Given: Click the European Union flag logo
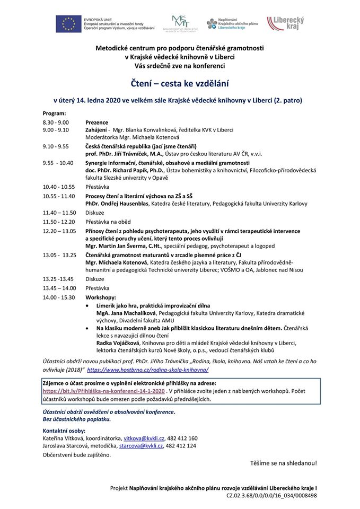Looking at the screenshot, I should pos(69,24).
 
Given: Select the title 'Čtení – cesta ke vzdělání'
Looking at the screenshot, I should pos(180,83).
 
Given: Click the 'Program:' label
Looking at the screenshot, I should pos(55,113).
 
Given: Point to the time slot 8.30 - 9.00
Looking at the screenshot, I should pos(56,122).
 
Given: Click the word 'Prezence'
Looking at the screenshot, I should pos(97,122).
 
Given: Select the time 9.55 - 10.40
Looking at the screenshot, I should pos(58,163).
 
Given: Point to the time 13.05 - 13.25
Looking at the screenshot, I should pos(59,254).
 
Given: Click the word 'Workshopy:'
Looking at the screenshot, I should pos(101,297).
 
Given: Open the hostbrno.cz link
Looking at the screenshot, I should pos(147,369).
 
